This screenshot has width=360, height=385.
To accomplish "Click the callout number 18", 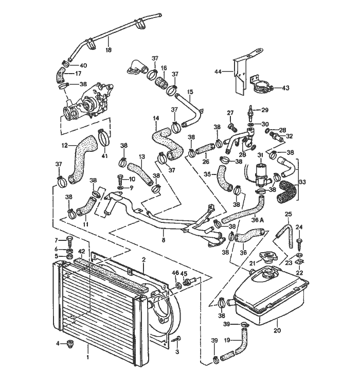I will point(109,50).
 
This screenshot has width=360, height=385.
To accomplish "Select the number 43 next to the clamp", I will point(285,87).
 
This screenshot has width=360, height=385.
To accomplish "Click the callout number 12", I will point(65,145).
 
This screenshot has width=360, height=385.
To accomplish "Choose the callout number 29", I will point(265,110).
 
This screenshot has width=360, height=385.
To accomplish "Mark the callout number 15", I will point(190,92).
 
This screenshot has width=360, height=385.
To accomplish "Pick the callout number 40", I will point(84,65).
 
